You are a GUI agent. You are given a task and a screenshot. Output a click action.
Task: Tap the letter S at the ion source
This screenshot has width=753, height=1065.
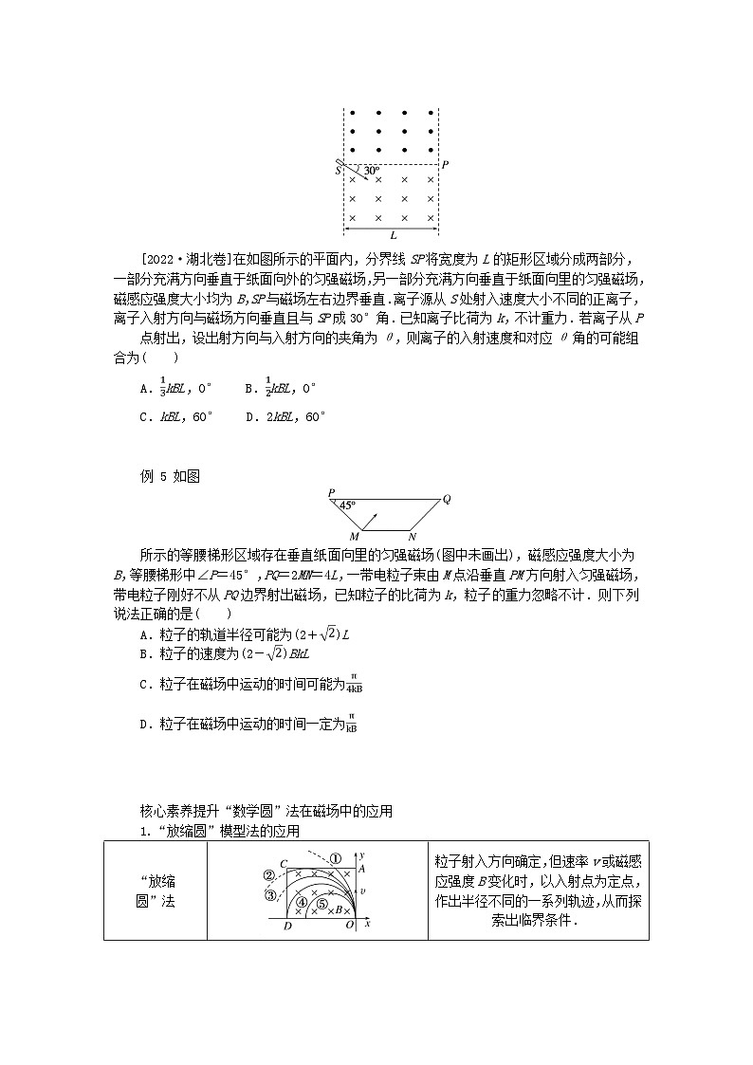click(x=337, y=171)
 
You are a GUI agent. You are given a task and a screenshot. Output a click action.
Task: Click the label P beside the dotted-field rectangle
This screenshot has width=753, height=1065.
click(x=445, y=164)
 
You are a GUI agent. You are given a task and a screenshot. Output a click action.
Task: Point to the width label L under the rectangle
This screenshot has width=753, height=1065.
click(x=392, y=235)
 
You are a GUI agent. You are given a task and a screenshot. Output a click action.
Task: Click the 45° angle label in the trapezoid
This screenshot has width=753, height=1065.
click(x=348, y=505)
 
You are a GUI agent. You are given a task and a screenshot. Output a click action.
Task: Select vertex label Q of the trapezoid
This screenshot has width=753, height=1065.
click(x=447, y=498)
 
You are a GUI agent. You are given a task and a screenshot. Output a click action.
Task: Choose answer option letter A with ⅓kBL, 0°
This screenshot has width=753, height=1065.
click(x=144, y=388)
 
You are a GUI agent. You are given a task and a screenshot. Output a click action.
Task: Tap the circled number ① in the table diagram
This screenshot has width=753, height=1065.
click(x=335, y=858)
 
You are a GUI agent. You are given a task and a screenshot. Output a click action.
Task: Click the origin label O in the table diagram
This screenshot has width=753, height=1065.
click(x=349, y=924)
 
